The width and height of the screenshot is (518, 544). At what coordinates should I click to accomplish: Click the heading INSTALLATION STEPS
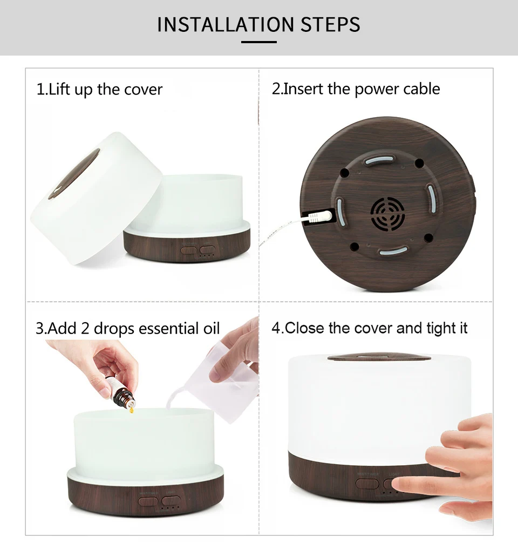pyautogui.click(x=258, y=24)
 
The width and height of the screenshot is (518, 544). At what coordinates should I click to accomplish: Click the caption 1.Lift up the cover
pyautogui.click(x=99, y=89)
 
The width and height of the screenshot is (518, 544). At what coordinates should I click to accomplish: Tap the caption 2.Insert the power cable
pyautogui.click(x=356, y=89)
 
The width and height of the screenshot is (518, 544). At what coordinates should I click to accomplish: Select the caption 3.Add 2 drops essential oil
pyautogui.click(x=128, y=328)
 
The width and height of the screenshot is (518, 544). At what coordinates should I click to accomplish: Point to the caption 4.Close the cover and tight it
pyautogui.click(x=370, y=328)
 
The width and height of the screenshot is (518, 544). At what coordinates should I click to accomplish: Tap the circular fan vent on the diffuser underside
pyautogui.click(x=387, y=214)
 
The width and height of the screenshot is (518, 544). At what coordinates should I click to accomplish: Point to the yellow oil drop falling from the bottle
pyautogui.click(x=132, y=411)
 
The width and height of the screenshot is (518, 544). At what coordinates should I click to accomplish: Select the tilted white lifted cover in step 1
pyautogui.click(x=96, y=198)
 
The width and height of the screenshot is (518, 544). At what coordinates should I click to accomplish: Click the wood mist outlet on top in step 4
pyautogui.click(x=379, y=358)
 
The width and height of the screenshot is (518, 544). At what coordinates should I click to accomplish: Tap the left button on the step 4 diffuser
pyautogui.click(x=367, y=484)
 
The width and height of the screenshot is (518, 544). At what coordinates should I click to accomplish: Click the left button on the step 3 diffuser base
pyautogui.click(x=148, y=501)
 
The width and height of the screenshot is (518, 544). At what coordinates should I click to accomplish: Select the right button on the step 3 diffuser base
pyautogui.click(x=171, y=500)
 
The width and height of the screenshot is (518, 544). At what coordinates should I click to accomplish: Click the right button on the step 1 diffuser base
pyautogui.click(x=208, y=250)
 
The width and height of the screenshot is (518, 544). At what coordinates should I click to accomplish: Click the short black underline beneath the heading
pyautogui.click(x=259, y=42)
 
